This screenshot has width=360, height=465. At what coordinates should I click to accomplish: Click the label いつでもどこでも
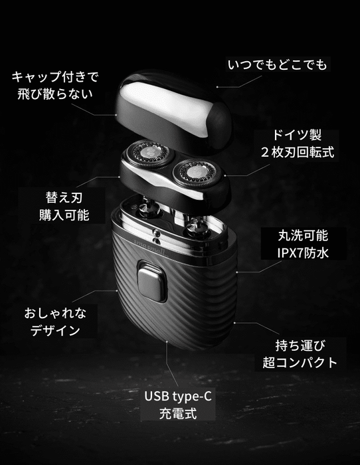(x=278, y=64)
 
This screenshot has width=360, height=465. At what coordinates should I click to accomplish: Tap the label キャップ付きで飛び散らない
(x=55, y=86)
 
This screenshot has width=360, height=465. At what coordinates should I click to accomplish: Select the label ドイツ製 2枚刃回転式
(x=297, y=144)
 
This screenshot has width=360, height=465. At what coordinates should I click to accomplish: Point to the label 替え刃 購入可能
(x=64, y=207)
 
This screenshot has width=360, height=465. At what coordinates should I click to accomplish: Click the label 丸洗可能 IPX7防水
(x=303, y=244)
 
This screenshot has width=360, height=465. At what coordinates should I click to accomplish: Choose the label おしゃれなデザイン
(x=55, y=322)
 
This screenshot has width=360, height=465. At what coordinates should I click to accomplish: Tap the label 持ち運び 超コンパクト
(x=300, y=354)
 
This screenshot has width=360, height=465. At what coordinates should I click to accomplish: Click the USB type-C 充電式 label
(x=178, y=405)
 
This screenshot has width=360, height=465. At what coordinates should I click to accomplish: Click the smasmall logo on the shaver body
(x=151, y=247)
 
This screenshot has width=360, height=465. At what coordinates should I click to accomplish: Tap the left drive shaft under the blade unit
(x=149, y=207)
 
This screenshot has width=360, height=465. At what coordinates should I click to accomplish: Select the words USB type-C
(x=178, y=397)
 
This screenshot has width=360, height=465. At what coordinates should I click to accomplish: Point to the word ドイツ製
(x=297, y=136)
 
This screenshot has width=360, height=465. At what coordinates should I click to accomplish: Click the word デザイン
(x=55, y=330)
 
